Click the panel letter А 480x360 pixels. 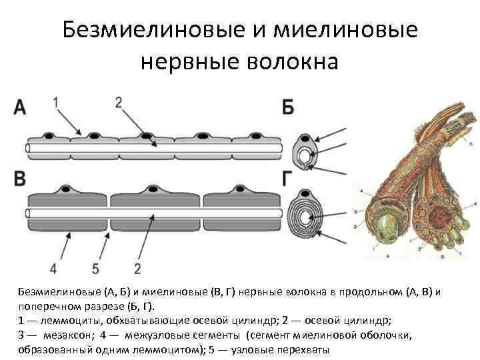pyautogui.click(x=21, y=108)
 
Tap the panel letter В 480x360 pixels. pyautogui.click(x=21, y=179)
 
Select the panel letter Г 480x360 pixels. pyautogui.click(x=287, y=178)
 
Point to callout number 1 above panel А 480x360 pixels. pyautogui.click(x=57, y=101)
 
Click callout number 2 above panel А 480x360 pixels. pyautogui.click(x=119, y=101)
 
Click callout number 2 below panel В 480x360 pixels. pyautogui.click(x=137, y=268)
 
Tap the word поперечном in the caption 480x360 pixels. pyautogui.click(x=51, y=306)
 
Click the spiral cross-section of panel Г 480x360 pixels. pyautogui.click(x=307, y=215)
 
